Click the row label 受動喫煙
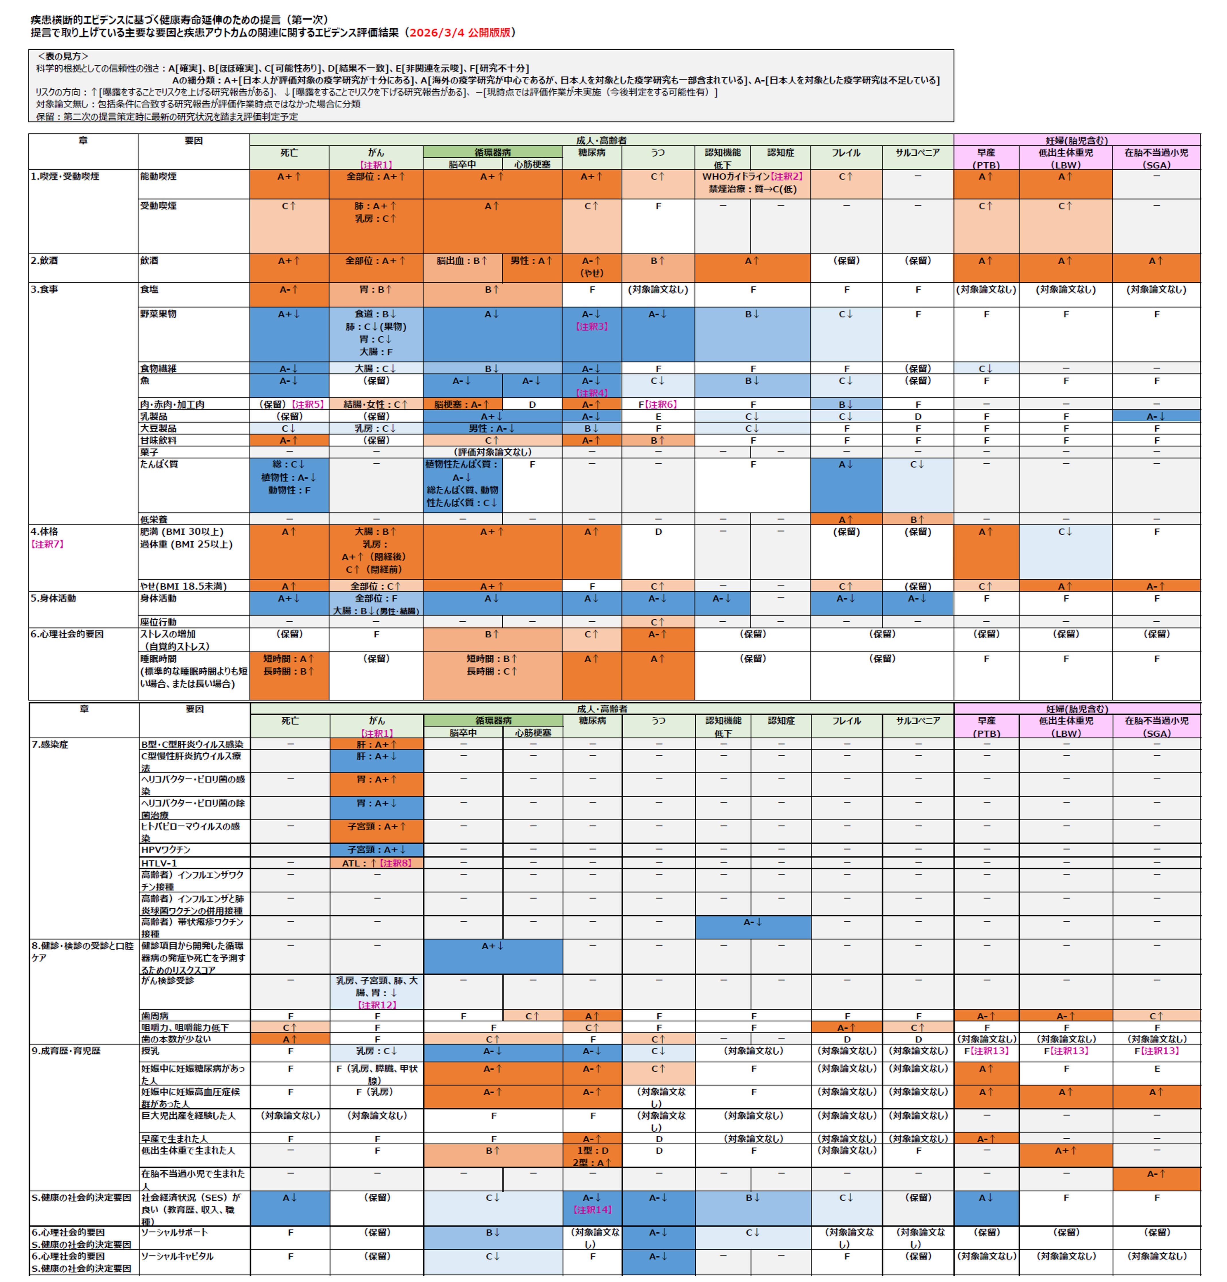point(158,206)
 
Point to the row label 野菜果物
point(158,314)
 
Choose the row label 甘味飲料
point(158,440)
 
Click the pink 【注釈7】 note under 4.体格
point(47,544)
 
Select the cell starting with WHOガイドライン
point(752,182)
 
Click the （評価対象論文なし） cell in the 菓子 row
point(492,452)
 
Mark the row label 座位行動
point(158,622)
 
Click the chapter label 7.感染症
point(50,744)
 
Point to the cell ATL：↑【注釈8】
point(377,863)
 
